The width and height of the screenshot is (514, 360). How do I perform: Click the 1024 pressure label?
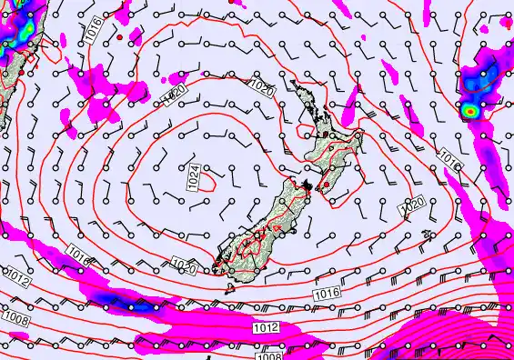pos(193,176)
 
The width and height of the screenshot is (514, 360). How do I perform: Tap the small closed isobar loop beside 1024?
pos(207,181)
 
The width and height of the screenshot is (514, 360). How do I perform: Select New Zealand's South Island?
pos(268,227)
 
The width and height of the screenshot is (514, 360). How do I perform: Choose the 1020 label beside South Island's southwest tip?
pos(184,265)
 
